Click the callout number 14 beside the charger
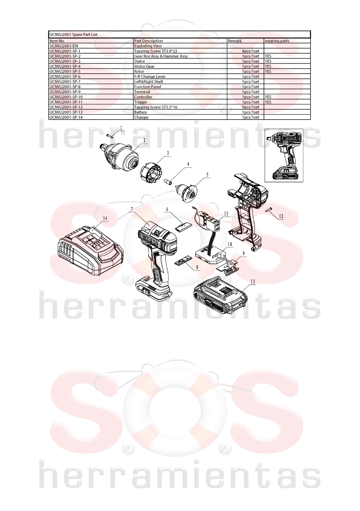(x=105, y=218)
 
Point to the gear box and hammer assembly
(x=119, y=157)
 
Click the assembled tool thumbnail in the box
(x=284, y=155)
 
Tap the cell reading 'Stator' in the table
(x=140, y=61)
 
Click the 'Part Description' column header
(x=148, y=41)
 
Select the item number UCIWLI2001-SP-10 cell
(x=66, y=97)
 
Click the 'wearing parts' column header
(x=277, y=41)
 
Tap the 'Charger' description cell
(x=142, y=117)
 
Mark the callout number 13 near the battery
(x=253, y=281)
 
